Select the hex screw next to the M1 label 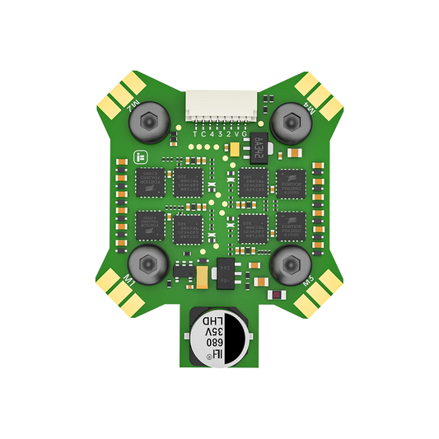click(x=146, y=263)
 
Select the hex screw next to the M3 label click(x=288, y=263)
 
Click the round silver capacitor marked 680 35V click(x=217, y=337)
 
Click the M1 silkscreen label click(x=128, y=281)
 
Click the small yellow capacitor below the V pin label click(x=236, y=149)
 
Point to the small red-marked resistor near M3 click(x=279, y=292)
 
